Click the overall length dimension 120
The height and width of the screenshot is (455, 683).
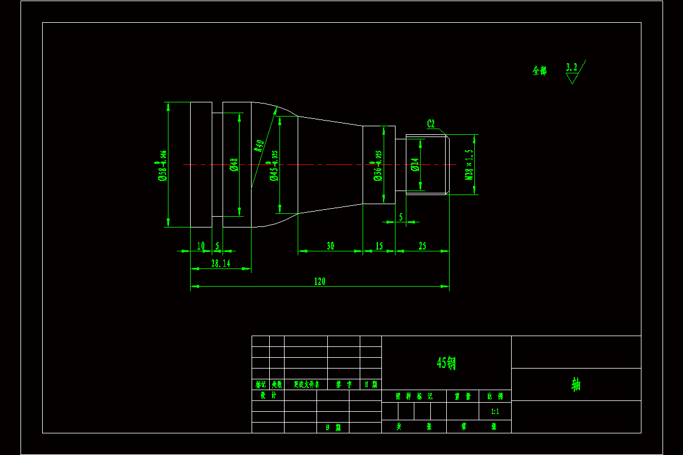[319, 281]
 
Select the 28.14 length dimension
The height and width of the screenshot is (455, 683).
[221, 263]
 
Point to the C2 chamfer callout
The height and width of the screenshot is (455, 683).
[431, 123]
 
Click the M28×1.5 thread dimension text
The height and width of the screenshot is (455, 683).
[470, 165]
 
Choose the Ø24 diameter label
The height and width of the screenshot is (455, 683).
[414, 165]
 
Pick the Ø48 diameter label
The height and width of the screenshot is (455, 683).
[233, 165]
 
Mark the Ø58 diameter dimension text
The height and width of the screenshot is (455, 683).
[162, 166]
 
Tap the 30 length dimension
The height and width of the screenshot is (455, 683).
[330, 246]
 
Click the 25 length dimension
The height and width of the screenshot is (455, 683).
[422, 246]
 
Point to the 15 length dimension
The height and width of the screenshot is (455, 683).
[379, 246]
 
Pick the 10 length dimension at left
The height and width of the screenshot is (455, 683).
[200, 246]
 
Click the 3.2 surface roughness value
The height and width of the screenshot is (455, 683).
[571, 67]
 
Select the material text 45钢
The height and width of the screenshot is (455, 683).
[446, 362]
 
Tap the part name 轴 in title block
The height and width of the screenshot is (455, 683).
[576, 384]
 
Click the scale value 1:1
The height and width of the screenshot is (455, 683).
[495, 411]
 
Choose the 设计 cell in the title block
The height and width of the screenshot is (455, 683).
[268, 395]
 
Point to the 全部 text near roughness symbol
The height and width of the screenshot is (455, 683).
[540, 71]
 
